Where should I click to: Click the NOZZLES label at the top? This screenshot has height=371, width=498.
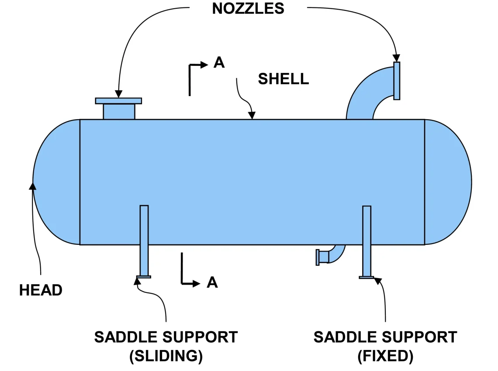pos(248,8)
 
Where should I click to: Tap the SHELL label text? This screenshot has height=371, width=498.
pos(283,79)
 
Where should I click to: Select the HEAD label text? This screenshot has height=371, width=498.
pos(41,290)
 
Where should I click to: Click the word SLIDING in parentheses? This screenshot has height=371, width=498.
pos(166,356)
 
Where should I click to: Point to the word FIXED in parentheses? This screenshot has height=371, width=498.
pos(385,356)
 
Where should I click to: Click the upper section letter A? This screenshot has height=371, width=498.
pos(219,63)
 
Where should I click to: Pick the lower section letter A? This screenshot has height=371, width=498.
pos(212,283)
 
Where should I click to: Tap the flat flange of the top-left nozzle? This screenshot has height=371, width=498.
pos(118,101)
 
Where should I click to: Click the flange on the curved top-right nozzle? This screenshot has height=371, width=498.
pos(397,81)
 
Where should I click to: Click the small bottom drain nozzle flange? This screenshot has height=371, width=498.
pos(318,257)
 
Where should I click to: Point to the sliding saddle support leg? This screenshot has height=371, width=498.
pos(144,240)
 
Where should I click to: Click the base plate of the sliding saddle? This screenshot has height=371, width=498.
pos(144,277)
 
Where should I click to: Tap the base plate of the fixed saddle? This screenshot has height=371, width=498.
pos(367,277)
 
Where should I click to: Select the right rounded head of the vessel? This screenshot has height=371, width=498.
pos(448,181)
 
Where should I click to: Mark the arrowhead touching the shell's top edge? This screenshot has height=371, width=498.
pos(252,116)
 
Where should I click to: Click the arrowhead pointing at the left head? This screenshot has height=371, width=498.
pos(32,186)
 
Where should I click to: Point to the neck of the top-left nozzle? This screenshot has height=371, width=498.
pos(119,111)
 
